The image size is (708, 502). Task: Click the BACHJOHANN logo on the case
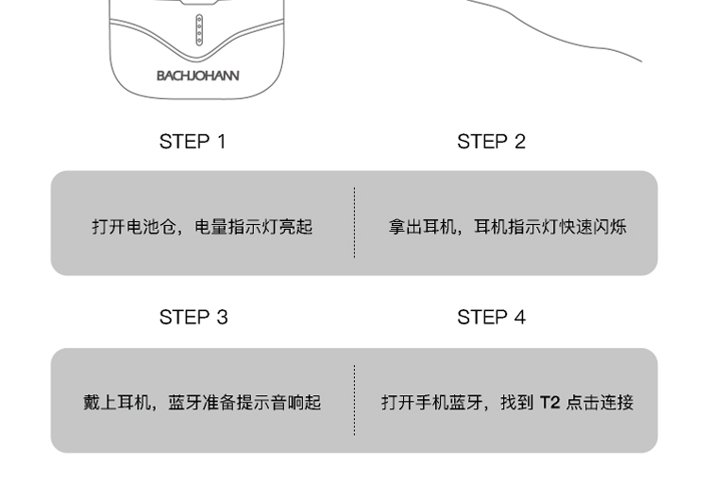(197, 76)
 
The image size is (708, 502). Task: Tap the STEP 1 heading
(193, 142)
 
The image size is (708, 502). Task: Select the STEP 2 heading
(491, 142)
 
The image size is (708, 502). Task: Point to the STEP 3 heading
(193, 318)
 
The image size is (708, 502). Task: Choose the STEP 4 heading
(491, 318)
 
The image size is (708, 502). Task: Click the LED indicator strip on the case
(198, 30)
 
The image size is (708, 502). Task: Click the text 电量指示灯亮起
(253, 227)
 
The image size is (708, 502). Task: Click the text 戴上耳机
(116, 403)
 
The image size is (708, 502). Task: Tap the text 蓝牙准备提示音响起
(244, 403)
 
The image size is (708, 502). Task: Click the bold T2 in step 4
(549, 403)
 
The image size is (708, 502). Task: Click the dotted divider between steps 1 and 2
(354, 223)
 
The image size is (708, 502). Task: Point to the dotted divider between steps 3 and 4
(354, 400)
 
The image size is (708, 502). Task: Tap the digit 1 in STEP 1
(221, 142)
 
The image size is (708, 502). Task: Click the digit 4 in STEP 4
(519, 318)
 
